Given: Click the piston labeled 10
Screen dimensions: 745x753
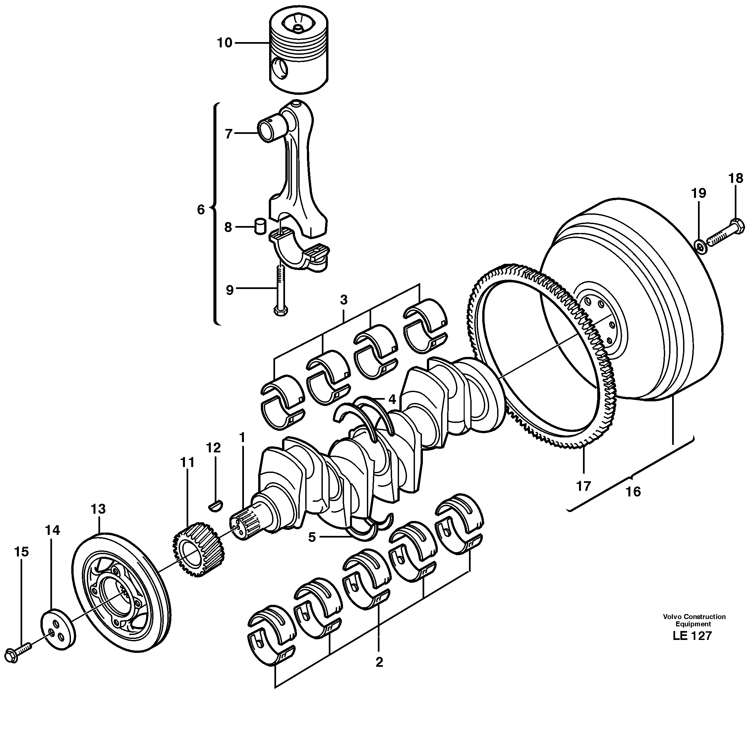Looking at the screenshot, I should pos(299,53).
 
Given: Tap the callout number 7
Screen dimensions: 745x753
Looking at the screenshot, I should pos(229,134).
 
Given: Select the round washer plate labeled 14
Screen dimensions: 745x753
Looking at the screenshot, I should pos(58,635).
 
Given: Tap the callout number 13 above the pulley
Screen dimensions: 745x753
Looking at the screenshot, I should pos(98,509).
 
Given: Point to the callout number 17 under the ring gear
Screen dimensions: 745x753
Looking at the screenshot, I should pos(583,486).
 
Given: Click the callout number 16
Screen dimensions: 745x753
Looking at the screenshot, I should pos(633,492).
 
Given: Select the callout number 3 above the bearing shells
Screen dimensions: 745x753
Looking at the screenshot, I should pos(343,300).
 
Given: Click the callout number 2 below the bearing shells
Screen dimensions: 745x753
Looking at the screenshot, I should pos(379,662).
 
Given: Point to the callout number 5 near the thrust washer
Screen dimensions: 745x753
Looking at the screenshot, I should pos(312,537).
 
